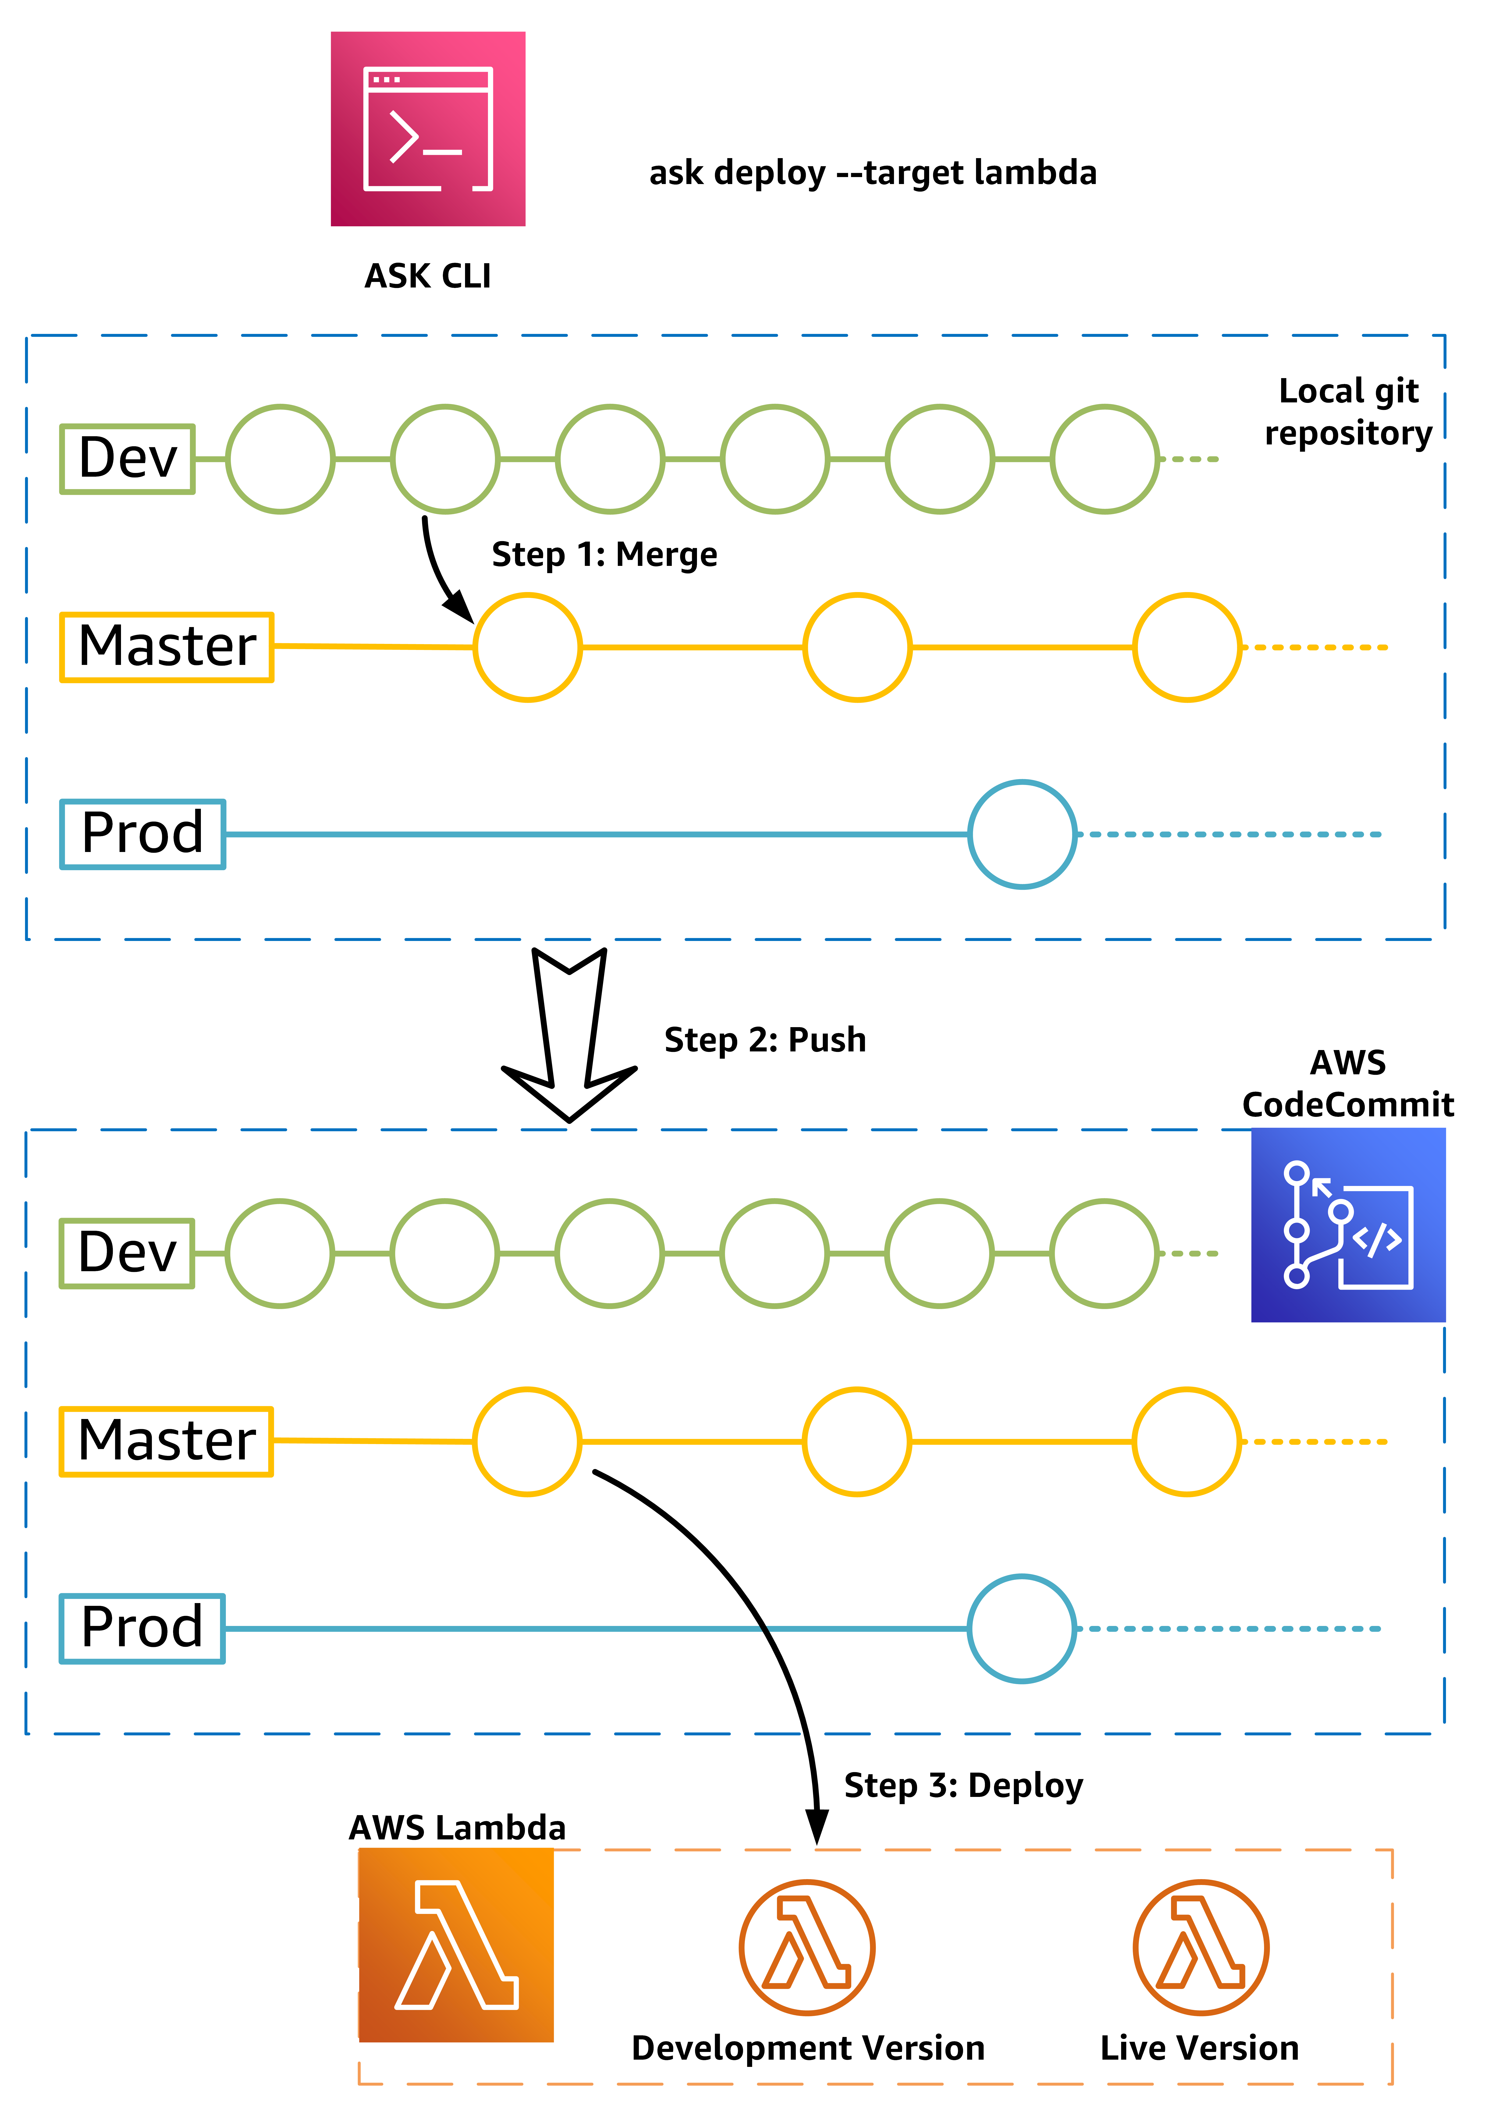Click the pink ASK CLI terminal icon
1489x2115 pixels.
[x=427, y=129]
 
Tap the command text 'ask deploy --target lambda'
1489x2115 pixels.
[x=873, y=173]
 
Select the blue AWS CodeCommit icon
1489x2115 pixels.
[x=1347, y=1225]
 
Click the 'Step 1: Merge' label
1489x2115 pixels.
[x=604, y=554]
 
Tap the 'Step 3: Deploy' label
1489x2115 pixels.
[x=963, y=1785]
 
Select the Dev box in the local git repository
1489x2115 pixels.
[x=127, y=459]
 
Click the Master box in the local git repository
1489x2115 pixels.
[x=167, y=647]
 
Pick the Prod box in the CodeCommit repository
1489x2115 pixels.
[x=142, y=1628]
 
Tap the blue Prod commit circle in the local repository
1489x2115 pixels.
[x=1022, y=834]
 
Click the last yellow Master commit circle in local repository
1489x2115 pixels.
[x=1187, y=647]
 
